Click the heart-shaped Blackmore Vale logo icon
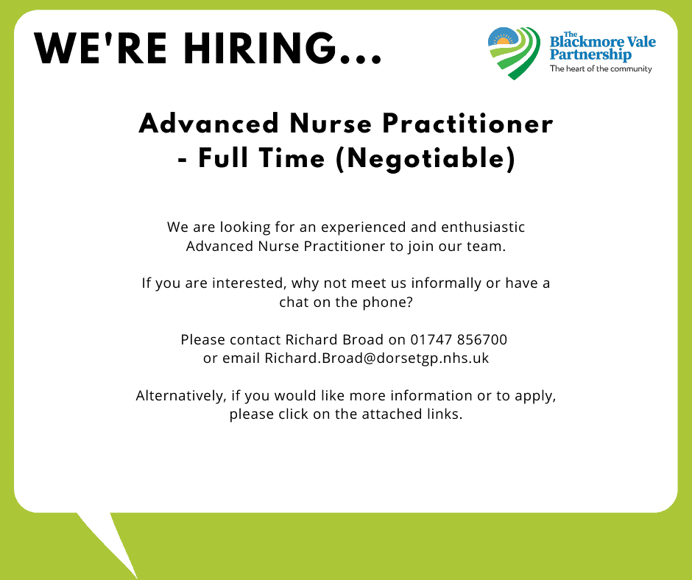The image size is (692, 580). point(514,53)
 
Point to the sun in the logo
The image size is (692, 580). point(503,41)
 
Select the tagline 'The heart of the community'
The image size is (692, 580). point(601,68)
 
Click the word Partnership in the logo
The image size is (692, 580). point(590,54)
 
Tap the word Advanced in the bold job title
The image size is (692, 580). point(209,123)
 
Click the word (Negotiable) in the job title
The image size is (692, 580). point(426,158)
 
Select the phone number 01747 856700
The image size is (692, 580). point(459,339)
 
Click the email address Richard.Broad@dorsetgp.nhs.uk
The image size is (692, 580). point(377,358)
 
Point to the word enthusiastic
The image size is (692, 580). point(483,227)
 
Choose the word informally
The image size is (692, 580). point(446,283)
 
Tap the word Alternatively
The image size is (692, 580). point(181,395)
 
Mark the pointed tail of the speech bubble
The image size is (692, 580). point(136,577)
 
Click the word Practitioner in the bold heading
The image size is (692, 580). point(467,123)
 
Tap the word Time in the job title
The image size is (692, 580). point(292,158)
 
